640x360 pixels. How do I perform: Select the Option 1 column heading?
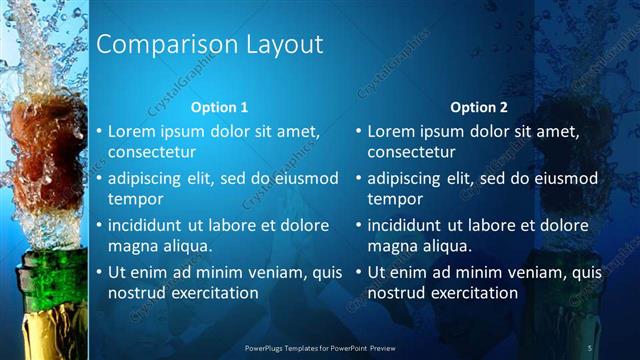219,107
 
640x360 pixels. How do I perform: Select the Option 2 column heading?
479,107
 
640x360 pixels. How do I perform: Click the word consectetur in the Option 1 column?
152,153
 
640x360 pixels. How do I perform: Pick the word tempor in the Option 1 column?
134,199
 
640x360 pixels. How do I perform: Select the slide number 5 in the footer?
590,347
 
